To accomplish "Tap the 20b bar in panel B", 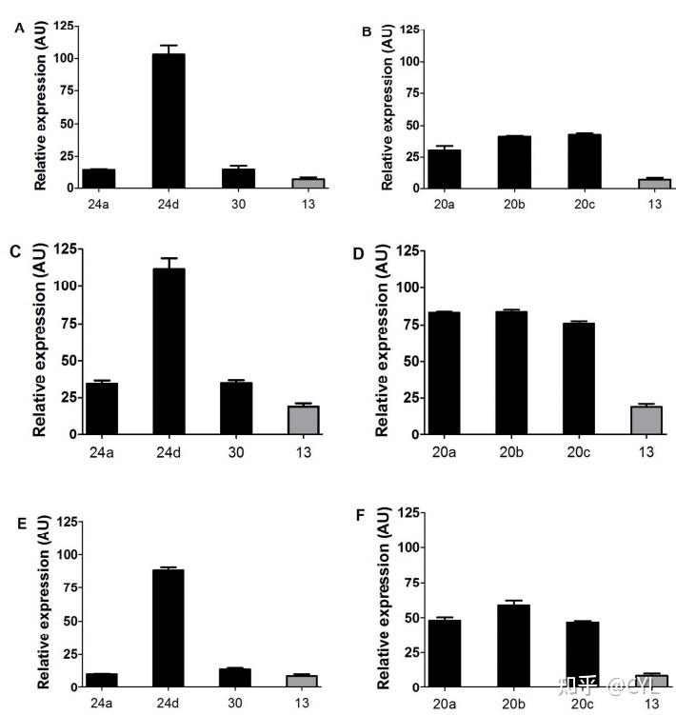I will pos(513,162).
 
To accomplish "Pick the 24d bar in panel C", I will pos(168,351).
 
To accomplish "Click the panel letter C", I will pos(14,251).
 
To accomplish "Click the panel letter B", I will pos(367,32).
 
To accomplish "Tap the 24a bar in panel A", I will pos(99,179).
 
